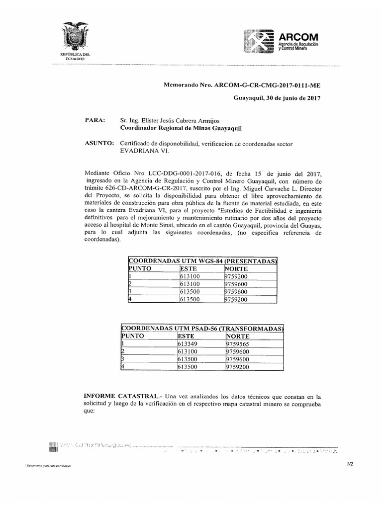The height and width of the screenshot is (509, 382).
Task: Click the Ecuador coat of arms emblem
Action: [75, 37]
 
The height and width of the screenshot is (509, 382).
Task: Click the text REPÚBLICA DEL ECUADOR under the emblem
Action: [75, 56]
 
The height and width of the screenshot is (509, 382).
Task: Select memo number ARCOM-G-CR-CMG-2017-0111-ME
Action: [271, 85]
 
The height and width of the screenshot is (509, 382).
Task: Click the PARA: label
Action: [95, 120]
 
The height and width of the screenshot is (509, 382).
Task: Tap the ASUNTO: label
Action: [99, 143]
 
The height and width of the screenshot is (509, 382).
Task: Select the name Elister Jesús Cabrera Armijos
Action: [170, 120]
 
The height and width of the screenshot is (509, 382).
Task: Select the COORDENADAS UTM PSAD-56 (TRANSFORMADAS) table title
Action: [202, 329]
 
